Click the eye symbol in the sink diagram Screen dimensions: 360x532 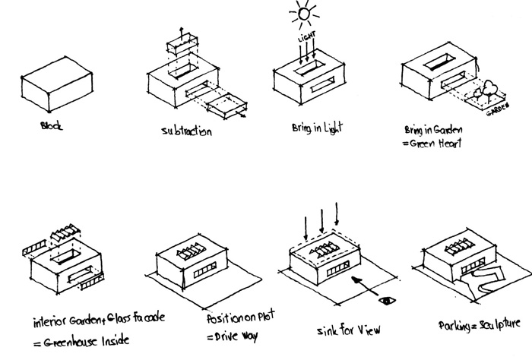coord(388,302)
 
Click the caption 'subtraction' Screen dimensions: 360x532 coord(186,131)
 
